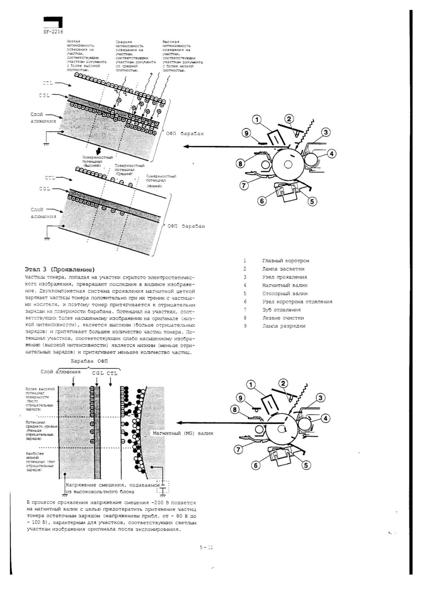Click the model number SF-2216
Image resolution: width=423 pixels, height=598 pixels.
tap(53, 32)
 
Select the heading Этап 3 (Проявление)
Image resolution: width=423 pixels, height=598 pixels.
tap(59, 269)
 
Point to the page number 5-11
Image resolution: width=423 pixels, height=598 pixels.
tap(206, 548)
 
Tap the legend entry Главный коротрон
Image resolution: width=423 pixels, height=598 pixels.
tap(285, 261)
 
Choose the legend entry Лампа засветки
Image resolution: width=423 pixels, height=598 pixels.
tap(283, 269)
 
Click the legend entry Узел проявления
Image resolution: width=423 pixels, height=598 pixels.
tap(284, 277)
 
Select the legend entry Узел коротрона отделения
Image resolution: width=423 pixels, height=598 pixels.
tap(297, 302)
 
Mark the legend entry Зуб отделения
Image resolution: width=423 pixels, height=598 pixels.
tap(281, 310)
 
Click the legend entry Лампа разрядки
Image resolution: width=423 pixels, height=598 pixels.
tap(283, 326)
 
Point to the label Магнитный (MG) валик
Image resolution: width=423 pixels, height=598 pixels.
tap(183, 433)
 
